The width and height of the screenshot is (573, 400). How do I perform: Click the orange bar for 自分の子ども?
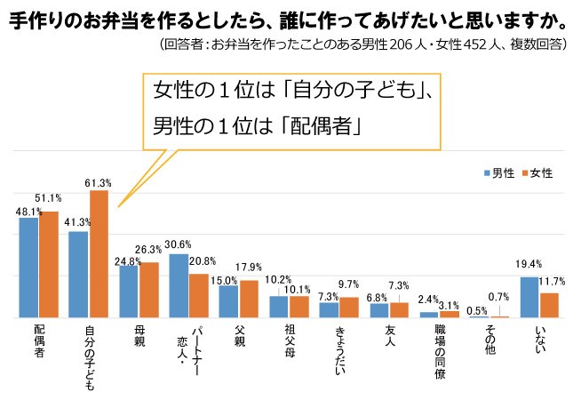(99, 254)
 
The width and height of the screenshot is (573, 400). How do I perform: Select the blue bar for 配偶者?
(28, 268)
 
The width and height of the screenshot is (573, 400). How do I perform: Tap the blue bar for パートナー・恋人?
(179, 285)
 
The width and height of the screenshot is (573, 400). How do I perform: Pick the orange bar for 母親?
(149, 290)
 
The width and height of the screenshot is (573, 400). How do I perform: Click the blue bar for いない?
(529, 297)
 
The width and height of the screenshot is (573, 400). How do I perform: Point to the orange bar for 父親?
(250, 299)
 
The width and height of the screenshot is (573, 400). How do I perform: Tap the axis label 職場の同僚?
(440, 350)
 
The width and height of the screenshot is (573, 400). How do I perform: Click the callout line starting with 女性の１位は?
(292, 91)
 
